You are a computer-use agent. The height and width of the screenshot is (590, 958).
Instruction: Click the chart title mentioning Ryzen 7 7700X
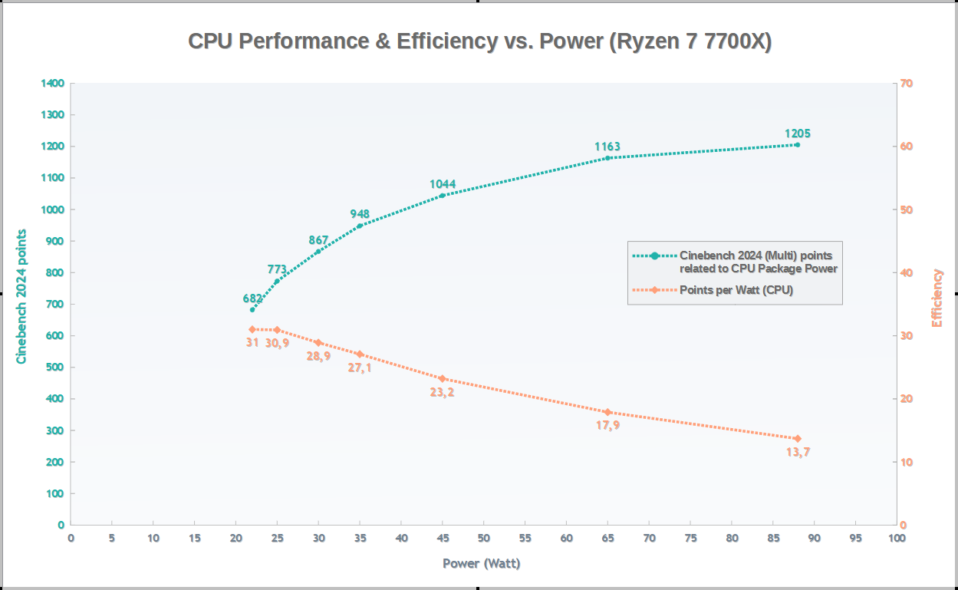point(479,41)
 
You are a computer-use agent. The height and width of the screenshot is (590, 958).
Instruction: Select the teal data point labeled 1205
point(798,144)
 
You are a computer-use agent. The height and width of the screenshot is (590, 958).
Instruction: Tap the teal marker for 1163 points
point(607,158)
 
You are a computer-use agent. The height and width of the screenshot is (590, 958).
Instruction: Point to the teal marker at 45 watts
point(443,196)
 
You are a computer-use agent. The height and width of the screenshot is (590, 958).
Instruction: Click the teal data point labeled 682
point(252,310)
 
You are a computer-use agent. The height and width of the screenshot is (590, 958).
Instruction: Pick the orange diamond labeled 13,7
point(798,438)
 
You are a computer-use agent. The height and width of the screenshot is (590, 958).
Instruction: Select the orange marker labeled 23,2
point(443,378)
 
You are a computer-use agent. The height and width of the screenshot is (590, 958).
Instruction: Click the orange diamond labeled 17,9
point(607,412)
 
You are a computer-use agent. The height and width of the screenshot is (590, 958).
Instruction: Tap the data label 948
point(360,214)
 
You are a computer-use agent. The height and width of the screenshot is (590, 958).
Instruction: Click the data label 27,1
point(360,368)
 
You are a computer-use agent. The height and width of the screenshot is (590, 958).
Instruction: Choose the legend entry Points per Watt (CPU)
point(736,290)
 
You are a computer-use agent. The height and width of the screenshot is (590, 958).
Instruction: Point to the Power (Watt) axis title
point(482,564)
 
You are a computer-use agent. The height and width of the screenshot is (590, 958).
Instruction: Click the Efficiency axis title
point(937,298)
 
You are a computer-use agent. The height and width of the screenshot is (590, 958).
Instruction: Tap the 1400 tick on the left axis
point(53,83)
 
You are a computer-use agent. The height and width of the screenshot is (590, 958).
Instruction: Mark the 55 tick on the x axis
point(525,538)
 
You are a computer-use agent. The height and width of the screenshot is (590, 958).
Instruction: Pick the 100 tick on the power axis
point(896,538)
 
